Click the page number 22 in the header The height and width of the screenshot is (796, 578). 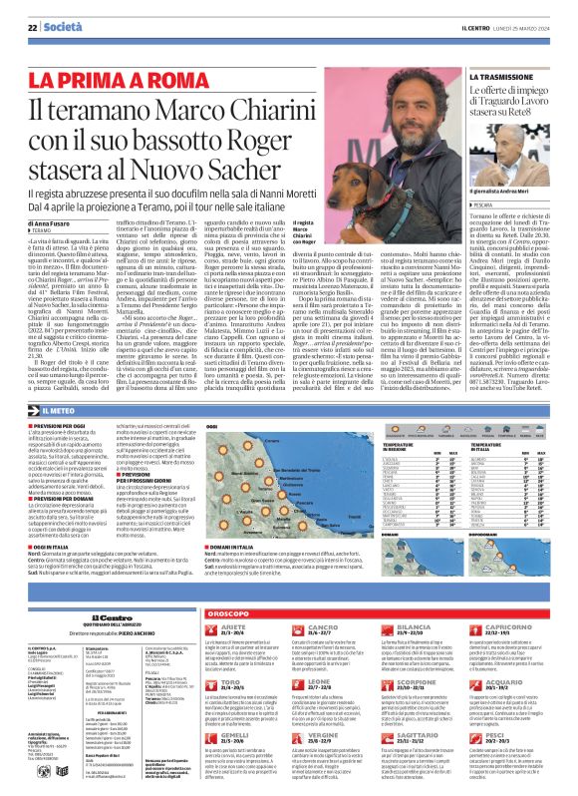click(x=32, y=26)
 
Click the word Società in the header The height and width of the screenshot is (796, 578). click(x=61, y=26)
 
